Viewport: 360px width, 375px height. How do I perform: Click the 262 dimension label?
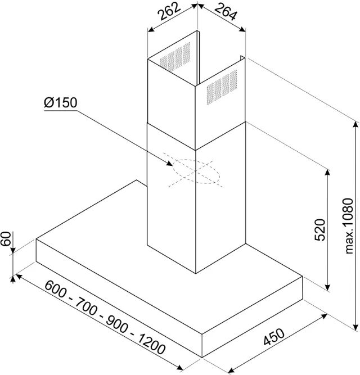(170, 11)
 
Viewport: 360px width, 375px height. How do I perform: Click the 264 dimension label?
(226, 12)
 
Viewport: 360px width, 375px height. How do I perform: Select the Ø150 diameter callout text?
(61, 102)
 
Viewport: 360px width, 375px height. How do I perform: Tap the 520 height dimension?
(320, 229)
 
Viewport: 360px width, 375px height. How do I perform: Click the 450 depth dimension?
(274, 337)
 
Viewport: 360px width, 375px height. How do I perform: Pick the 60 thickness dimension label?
(6, 238)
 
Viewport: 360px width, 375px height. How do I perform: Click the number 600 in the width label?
(55, 289)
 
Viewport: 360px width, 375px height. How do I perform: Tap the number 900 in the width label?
(117, 324)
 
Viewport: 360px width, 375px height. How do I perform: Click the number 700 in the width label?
(87, 306)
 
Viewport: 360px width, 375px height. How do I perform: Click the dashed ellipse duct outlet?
(196, 171)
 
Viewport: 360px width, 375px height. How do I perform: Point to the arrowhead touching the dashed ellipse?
(169, 164)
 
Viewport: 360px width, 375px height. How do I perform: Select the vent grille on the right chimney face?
(222, 87)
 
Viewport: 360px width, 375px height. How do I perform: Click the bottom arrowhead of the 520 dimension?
(328, 287)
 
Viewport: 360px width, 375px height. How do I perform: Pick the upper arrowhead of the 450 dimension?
(324, 316)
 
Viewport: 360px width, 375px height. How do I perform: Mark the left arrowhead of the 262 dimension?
(151, 30)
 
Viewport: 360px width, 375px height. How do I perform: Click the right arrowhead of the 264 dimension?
(242, 29)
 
